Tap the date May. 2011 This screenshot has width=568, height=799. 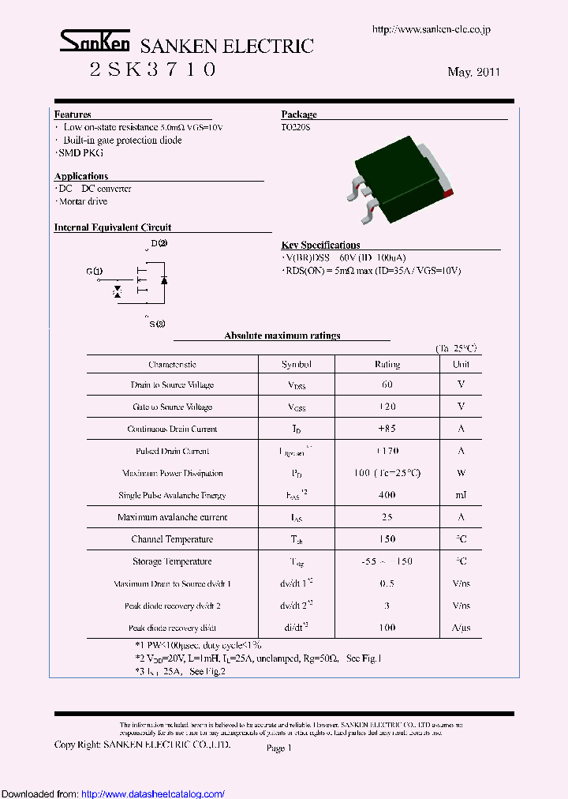473,72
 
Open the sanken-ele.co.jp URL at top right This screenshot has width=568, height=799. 431,30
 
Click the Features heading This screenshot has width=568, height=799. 73,114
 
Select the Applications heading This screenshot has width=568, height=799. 81,176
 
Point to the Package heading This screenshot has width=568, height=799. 299,114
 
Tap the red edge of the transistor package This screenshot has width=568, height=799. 448,192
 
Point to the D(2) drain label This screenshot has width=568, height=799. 159,243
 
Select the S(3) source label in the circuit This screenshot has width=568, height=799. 157,324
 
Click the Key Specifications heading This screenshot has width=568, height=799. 320,245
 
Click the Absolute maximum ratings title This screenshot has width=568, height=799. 282,336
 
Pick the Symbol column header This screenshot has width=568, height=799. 297,364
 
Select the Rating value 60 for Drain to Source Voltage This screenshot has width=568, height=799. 387,384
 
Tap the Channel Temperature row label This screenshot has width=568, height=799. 172,539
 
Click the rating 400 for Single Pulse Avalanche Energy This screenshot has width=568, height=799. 387,495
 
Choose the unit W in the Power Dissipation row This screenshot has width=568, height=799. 461,473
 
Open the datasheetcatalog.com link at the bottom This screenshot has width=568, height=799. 153,793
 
